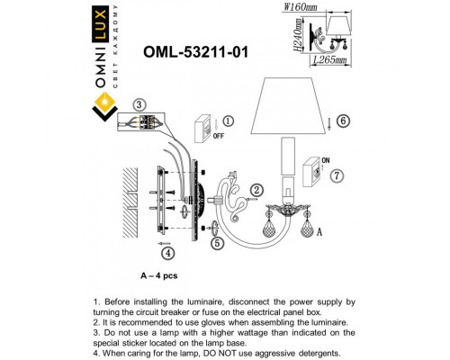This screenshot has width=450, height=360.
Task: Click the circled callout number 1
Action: (228, 121)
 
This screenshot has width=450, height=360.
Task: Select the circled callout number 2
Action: (256, 189)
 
